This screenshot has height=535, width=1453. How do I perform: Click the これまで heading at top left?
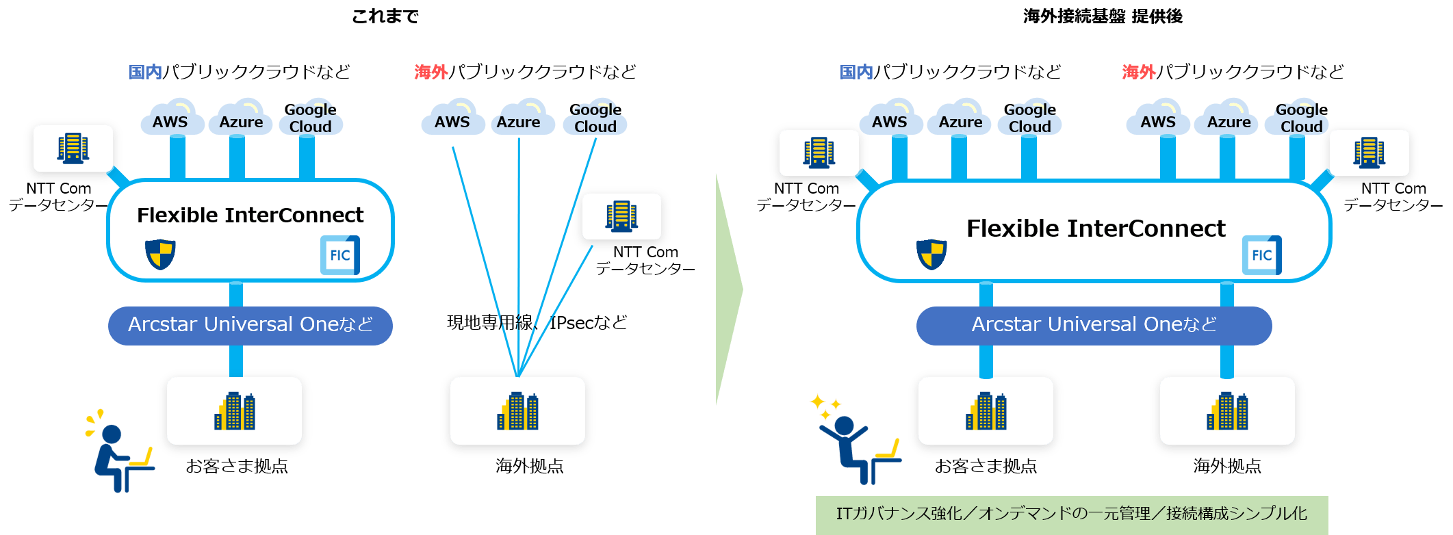click(x=385, y=16)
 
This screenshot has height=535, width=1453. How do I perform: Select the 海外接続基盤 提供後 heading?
click(x=1103, y=16)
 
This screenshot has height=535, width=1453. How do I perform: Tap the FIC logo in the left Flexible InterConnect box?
click(x=340, y=255)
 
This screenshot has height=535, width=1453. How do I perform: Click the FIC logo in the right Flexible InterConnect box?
click(x=1261, y=255)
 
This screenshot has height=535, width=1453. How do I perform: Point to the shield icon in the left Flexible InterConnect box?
click(x=160, y=255)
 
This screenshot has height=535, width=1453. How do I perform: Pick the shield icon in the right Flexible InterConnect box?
click(x=931, y=255)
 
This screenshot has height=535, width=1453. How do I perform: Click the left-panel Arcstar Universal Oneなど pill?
click(x=250, y=325)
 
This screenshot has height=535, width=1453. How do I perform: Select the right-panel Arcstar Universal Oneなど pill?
click(x=1094, y=325)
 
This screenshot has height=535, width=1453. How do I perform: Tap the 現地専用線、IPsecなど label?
click(x=537, y=322)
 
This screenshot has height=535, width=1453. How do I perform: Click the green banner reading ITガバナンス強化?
click(x=1071, y=514)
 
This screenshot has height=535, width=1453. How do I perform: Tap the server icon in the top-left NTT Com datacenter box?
click(x=73, y=148)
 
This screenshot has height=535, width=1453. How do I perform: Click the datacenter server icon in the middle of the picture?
click(x=621, y=216)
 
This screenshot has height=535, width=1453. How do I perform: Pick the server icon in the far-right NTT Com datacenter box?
click(x=1369, y=152)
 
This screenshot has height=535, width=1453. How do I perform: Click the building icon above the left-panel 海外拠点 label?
click(x=517, y=411)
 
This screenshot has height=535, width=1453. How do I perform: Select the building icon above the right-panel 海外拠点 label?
click(x=1227, y=411)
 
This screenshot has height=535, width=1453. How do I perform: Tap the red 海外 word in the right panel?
click(x=1138, y=72)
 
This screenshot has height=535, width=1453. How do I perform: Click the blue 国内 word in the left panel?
click(x=145, y=72)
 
